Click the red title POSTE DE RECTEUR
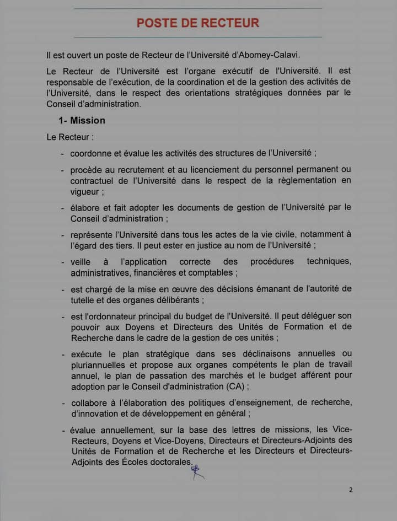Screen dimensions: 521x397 click(x=198, y=23)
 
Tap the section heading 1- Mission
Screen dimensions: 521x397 click(x=82, y=120)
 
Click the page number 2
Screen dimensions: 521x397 click(x=350, y=490)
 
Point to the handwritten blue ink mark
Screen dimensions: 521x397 click(x=197, y=471)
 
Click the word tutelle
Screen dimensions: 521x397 click(x=84, y=300)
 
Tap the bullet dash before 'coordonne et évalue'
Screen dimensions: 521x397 click(x=63, y=153)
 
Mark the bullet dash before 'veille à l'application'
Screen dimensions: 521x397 click(x=63, y=262)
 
